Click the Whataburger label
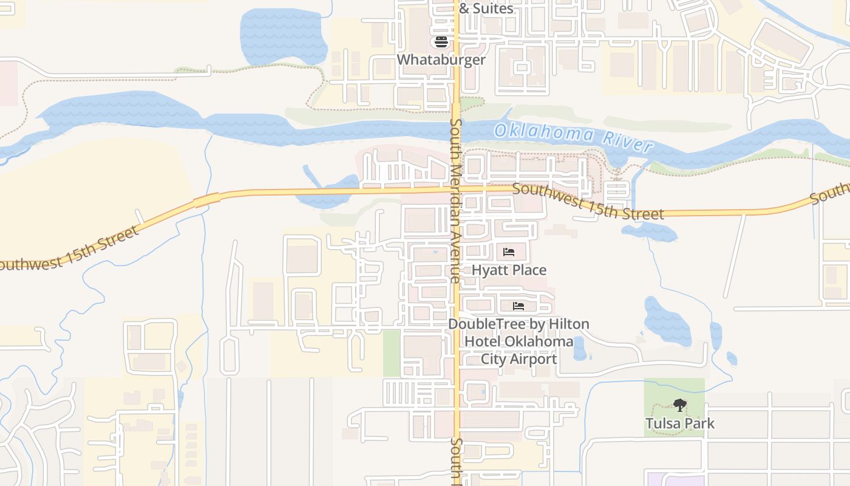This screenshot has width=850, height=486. point(441,60)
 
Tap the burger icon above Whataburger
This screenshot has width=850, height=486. point(441,42)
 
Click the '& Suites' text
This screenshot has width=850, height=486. point(486,9)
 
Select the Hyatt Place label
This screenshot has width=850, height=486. point(509,270)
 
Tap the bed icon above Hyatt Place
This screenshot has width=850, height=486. point(509,252)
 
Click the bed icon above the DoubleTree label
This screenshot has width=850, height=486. point(518,306)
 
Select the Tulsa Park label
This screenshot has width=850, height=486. point(680,423)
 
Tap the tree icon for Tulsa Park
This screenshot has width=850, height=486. point(680,405)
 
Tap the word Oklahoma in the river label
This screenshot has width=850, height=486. point(543,133)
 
